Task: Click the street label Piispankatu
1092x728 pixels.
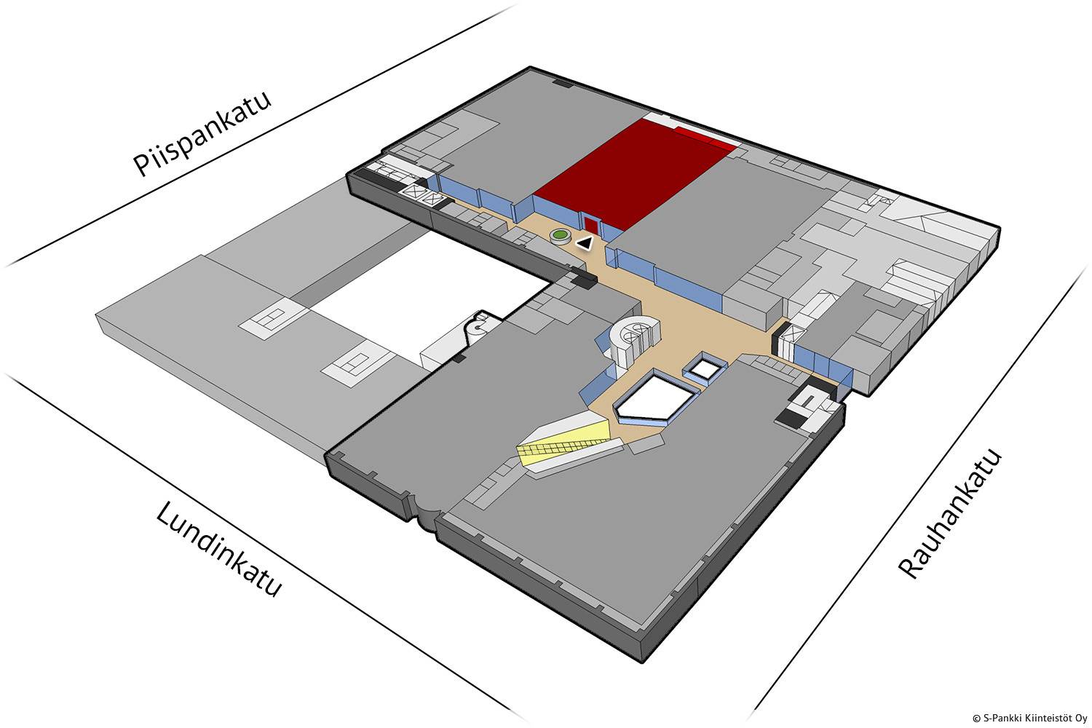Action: tap(202, 134)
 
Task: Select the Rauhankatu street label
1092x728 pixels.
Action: tap(950, 514)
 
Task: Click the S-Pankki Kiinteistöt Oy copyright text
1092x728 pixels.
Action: tap(1029, 717)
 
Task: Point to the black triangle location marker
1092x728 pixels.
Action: tap(584, 243)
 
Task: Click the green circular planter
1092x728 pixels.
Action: tap(560, 235)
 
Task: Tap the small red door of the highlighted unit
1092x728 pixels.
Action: tap(590, 223)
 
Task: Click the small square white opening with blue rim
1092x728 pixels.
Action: tap(704, 368)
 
